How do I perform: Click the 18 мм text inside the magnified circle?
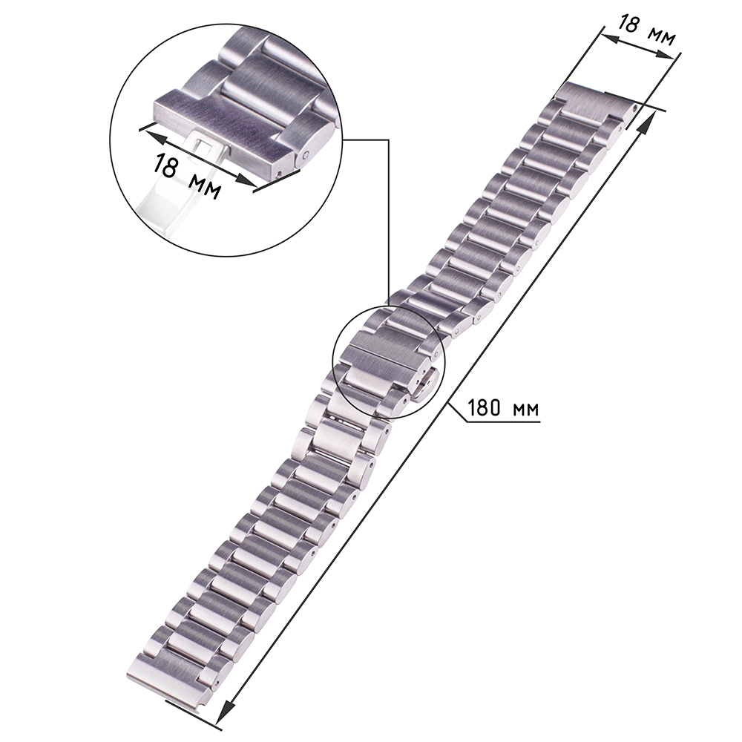(186, 175)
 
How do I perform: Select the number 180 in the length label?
(487, 408)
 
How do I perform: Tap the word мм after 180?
(526, 410)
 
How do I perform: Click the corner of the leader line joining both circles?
(389, 140)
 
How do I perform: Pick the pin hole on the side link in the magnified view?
(306, 154)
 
